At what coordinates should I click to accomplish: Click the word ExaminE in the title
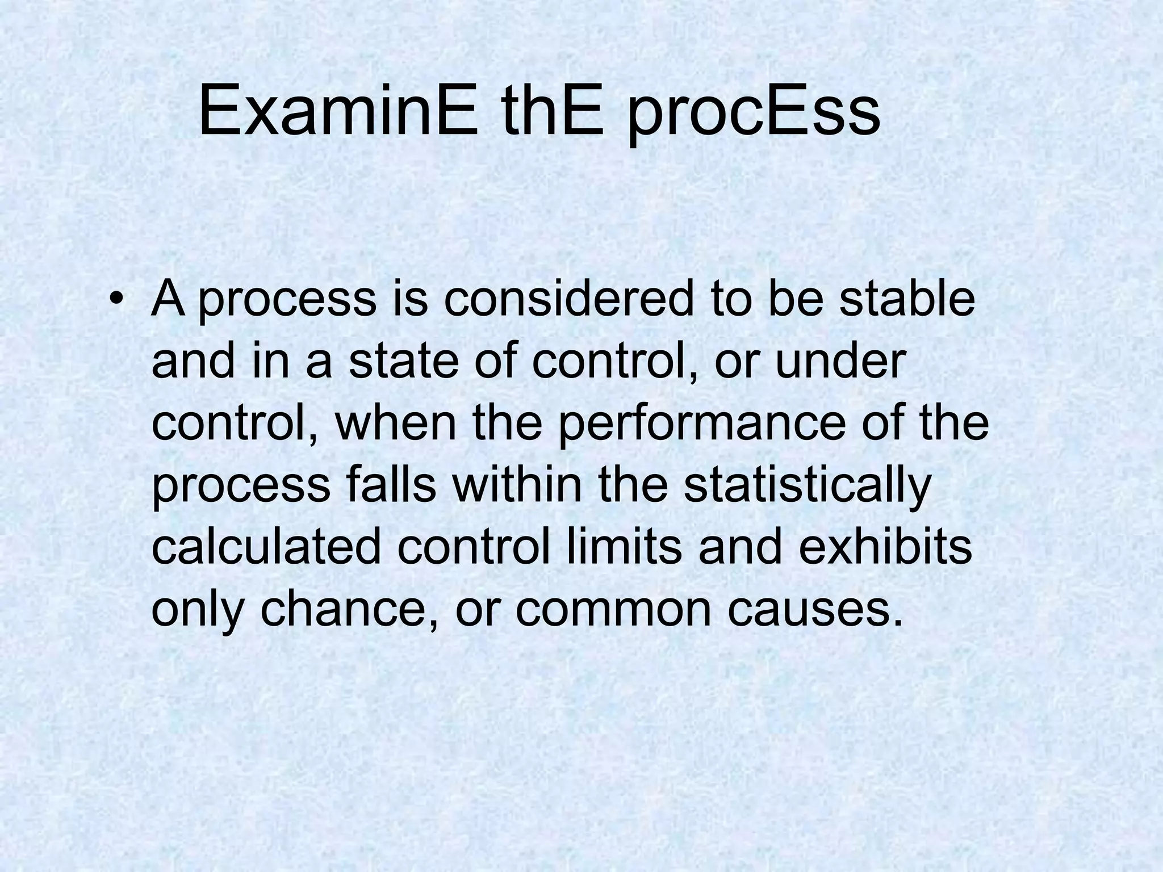(x=338, y=111)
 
